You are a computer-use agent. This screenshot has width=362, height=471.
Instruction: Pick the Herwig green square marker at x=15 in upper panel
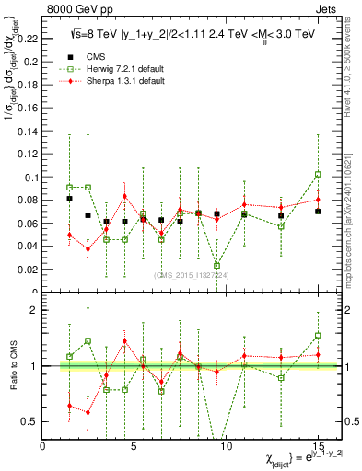pyautogui.click(x=318, y=174)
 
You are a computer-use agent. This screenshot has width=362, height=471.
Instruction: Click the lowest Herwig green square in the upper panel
pyautogui.click(x=216, y=265)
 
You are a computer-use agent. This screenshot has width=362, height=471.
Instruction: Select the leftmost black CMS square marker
pyautogui.click(x=70, y=198)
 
